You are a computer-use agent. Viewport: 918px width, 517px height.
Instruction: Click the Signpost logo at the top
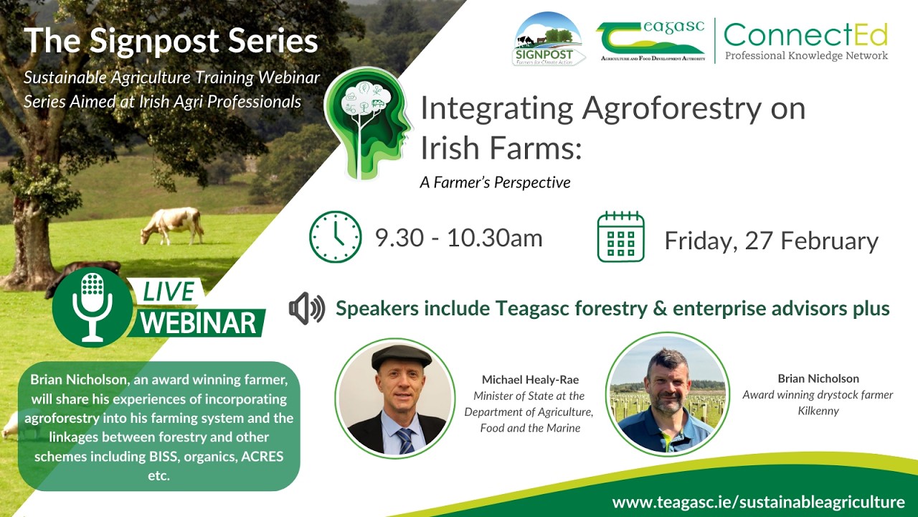(x=549, y=39)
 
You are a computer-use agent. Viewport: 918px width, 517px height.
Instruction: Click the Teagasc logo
(x=650, y=41)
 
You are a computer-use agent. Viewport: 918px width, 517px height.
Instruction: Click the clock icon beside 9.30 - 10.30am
(x=335, y=237)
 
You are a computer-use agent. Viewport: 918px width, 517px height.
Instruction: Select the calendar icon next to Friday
(x=620, y=237)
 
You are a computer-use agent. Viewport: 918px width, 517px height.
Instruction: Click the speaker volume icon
(x=306, y=309)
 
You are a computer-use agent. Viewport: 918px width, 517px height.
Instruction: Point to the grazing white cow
(x=172, y=225)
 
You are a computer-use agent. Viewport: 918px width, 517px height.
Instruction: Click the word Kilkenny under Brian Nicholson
(x=818, y=411)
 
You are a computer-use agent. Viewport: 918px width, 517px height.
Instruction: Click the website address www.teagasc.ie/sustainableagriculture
(x=758, y=502)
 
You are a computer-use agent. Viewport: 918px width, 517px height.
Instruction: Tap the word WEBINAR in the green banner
(x=198, y=322)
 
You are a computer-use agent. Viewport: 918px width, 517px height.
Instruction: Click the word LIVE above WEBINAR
(x=169, y=292)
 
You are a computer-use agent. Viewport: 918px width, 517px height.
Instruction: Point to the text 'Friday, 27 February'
(x=771, y=241)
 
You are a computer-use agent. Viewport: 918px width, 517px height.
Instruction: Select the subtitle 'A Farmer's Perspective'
(x=495, y=182)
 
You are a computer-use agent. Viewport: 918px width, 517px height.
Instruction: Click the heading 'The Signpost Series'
(x=171, y=42)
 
